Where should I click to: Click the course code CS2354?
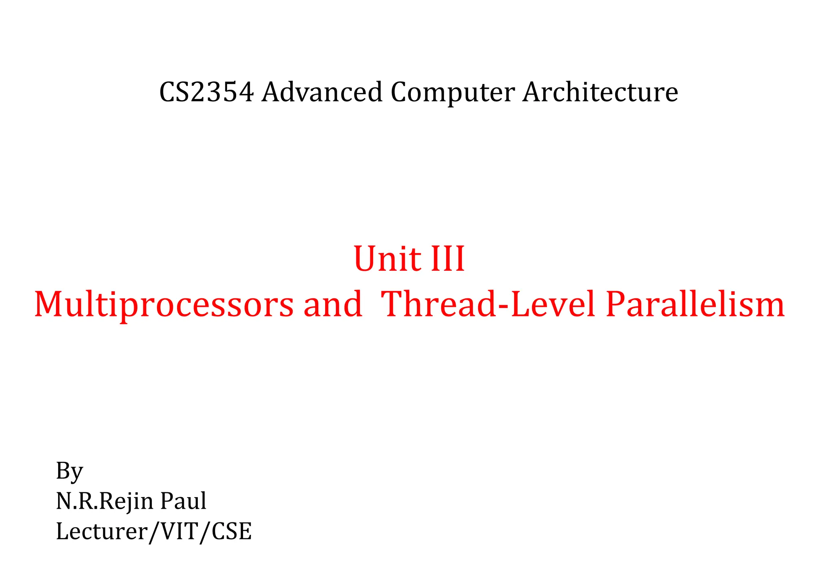tap(206, 92)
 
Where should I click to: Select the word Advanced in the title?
tap(322, 92)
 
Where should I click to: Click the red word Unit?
tap(387, 259)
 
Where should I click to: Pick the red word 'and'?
tap(333, 304)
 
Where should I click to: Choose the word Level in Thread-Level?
tap(553, 304)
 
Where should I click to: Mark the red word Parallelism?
tap(695, 304)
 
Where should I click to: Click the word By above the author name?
tap(69, 471)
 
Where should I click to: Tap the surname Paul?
tap(183, 501)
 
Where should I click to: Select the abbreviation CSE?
tap(231, 532)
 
